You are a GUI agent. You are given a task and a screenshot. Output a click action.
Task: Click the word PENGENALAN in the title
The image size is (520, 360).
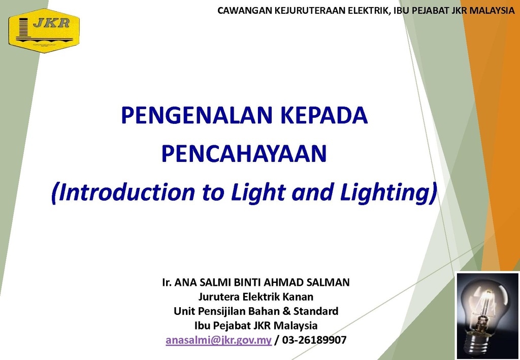click(x=198, y=115)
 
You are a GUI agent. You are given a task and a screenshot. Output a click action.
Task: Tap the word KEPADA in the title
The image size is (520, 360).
click(x=324, y=115)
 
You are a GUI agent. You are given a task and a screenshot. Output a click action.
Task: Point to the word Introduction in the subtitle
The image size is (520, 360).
click(x=123, y=192)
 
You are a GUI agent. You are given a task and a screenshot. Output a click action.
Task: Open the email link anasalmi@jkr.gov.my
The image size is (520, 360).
click(x=218, y=340)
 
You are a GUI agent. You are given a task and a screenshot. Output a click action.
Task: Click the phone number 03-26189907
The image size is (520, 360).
click(x=314, y=340)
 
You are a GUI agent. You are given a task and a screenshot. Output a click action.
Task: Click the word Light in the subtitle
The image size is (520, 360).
click(x=258, y=193)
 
